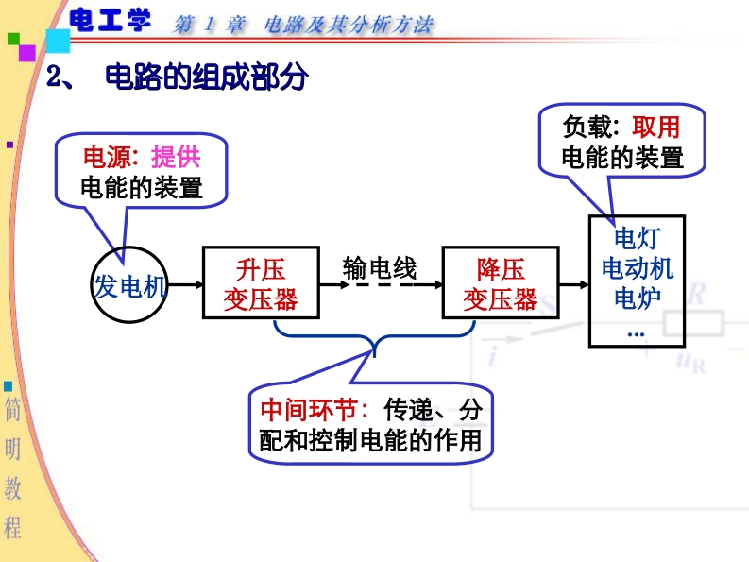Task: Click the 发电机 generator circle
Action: pos(129,286)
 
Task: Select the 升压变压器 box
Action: pos(261,283)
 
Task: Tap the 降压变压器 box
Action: pos(500,283)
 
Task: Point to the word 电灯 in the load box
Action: pos(637,238)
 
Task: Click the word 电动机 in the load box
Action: pos(637,268)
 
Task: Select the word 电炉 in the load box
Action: pos(637,298)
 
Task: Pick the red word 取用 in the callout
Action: pos(655,127)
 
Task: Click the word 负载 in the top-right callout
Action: pos(587,127)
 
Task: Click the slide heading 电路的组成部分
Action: pos(207,77)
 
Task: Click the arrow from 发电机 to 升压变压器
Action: pos(186,283)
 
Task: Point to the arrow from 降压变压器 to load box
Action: pos(573,283)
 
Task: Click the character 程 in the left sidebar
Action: pos(13,526)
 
